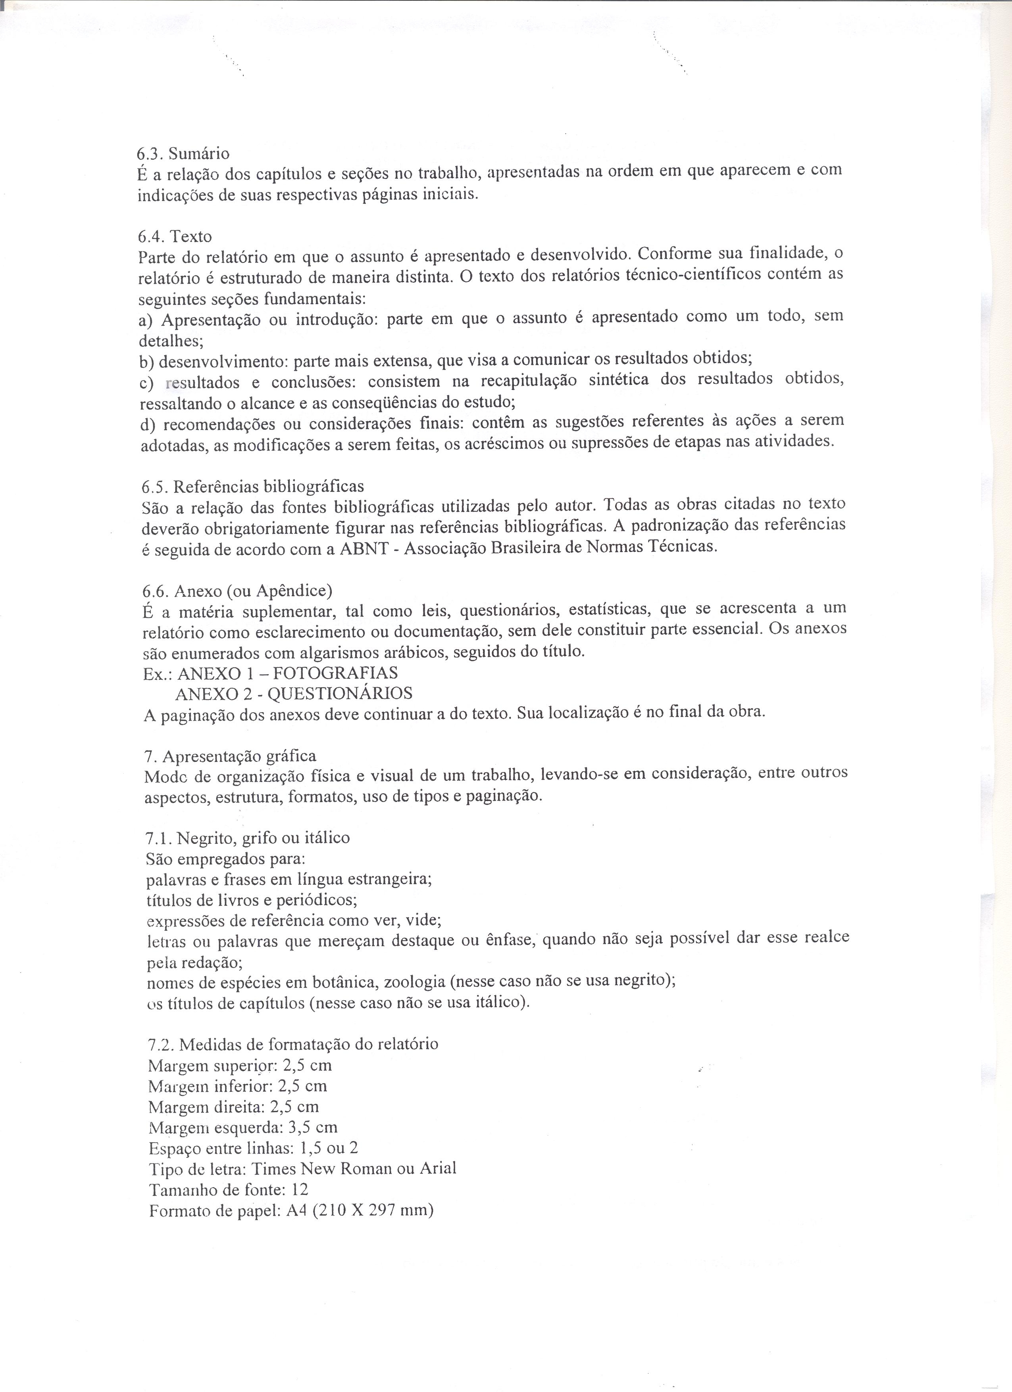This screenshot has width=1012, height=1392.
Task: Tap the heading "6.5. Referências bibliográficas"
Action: [252, 487]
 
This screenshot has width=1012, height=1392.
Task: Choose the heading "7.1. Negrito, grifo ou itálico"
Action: [248, 838]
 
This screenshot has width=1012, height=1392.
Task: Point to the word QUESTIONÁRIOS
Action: [340, 694]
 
